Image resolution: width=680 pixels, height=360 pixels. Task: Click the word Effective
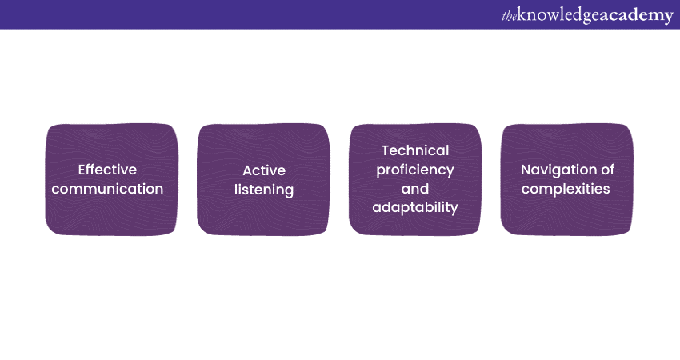click(x=107, y=169)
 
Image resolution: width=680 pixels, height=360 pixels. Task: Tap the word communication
click(x=107, y=189)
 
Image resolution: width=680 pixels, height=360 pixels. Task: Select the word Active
click(x=264, y=170)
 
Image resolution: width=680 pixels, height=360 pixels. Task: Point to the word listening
click(x=264, y=190)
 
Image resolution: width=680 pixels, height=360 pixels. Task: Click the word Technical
click(x=415, y=150)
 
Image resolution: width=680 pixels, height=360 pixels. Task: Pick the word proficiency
click(x=415, y=170)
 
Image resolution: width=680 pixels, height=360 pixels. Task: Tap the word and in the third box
click(x=415, y=189)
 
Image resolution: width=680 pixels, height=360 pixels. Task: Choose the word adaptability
click(x=415, y=208)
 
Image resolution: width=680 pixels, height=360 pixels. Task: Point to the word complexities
click(x=566, y=189)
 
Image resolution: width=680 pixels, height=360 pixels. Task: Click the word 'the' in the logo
click(x=509, y=16)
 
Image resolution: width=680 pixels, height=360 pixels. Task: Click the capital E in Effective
click(x=82, y=170)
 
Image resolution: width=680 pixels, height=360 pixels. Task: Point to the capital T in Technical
click(x=386, y=150)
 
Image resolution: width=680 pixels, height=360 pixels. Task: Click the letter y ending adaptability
click(x=454, y=210)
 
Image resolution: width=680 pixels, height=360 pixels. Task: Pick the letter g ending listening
click(x=290, y=192)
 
